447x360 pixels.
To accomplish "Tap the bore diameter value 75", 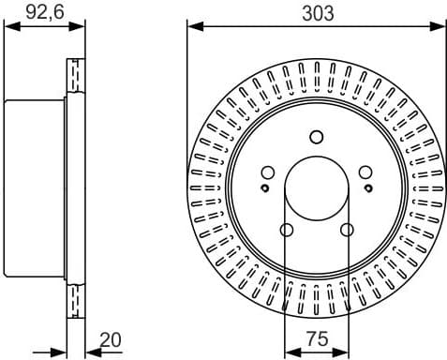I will pyautogui.click(x=317, y=339).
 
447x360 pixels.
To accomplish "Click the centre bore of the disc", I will pyautogui.click(x=317, y=188).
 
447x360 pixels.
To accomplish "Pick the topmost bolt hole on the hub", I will pyautogui.click(x=317, y=135).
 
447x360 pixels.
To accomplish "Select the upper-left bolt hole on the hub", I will pyautogui.click(x=268, y=172).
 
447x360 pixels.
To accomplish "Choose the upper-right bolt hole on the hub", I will pyautogui.click(x=365, y=172).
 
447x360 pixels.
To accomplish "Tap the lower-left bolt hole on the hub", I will pyautogui.click(x=287, y=230).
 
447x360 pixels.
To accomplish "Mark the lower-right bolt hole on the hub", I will pyautogui.click(x=347, y=230).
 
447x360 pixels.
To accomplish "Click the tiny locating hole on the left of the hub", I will pyautogui.click(x=265, y=188).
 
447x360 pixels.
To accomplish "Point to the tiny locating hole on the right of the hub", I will pyautogui.click(x=368, y=188).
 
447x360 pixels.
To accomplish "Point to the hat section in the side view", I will pyautogui.click(x=36, y=188).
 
